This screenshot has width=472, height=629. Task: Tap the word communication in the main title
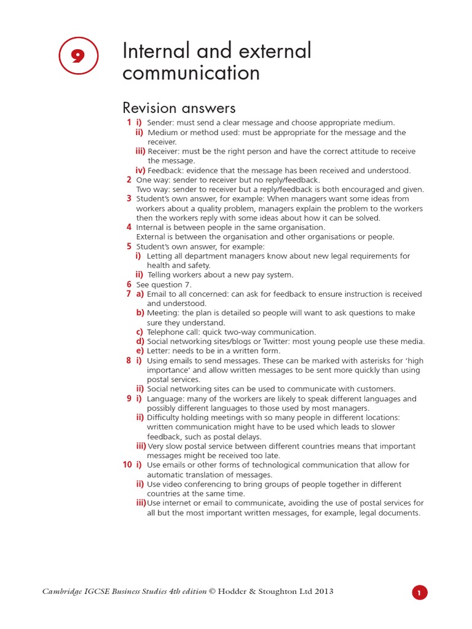click(x=191, y=73)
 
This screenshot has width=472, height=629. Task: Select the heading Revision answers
click(x=179, y=108)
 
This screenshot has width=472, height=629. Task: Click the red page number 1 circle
click(x=419, y=593)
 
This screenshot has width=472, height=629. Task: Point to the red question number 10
click(x=127, y=465)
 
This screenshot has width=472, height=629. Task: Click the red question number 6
click(x=129, y=284)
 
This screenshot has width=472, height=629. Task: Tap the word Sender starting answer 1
click(x=160, y=123)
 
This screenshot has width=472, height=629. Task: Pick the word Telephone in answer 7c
click(x=166, y=332)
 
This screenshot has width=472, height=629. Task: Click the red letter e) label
click(x=140, y=351)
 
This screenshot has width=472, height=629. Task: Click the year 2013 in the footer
click(x=324, y=592)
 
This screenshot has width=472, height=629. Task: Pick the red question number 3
click(x=129, y=198)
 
